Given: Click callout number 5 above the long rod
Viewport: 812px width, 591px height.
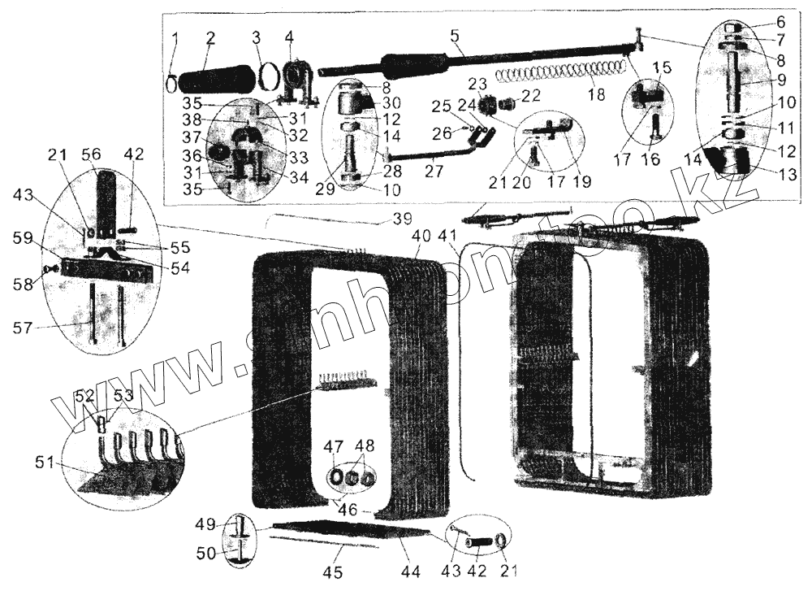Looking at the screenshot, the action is [x=454, y=36].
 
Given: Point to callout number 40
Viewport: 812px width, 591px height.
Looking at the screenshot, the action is [x=421, y=236].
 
